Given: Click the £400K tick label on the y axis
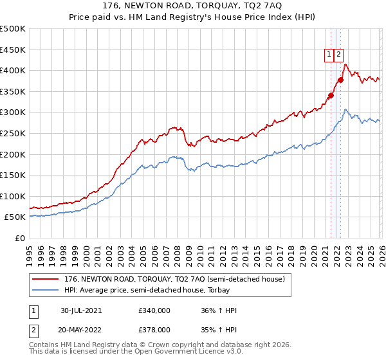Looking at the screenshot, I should pos(13,71).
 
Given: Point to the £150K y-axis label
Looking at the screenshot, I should pos(13,175).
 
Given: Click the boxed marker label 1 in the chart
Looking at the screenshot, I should pos(329,55).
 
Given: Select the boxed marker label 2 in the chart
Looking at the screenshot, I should pos(338,55).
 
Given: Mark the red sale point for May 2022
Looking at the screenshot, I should pos(340,80).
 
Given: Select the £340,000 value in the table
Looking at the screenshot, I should pos(154,310).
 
